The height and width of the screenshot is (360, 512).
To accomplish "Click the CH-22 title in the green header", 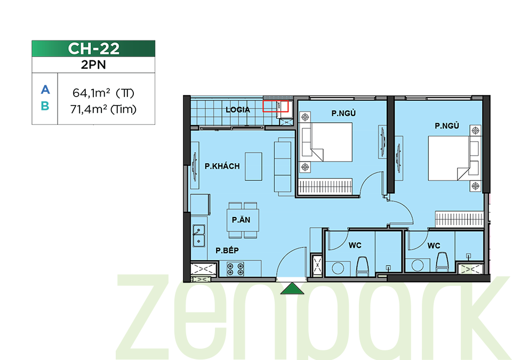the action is pyautogui.click(x=93, y=49).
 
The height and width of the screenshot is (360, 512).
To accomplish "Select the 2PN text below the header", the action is pyautogui.click(x=93, y=65).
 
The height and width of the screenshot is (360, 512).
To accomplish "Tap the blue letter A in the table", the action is pyautogui.click(x=45, y=90).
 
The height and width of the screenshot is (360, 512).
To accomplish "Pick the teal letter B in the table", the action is pyautogui.click(x=45, y=106).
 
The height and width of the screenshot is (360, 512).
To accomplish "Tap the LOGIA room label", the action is pyautogui.click(x=238, y=110).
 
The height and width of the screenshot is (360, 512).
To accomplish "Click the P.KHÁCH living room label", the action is pyautogui.click(x=222, y=166).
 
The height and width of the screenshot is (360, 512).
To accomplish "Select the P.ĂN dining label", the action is pyautogui.click(x=241, y=220).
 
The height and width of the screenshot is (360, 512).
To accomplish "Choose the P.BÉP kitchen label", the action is pyautogui.click(x=227, y=251).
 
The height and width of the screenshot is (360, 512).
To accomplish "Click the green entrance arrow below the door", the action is pyautogui.click(x=292, y=289).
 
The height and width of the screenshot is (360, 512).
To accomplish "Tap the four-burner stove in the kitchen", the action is pyautogui.click(x=235, y=269).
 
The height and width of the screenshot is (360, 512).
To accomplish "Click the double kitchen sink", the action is pyautogui.click(x=199, y=235).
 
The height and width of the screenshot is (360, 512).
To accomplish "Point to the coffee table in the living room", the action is pyautogui.click(x=254, y=166).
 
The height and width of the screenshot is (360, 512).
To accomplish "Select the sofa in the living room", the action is pyautogui.click(x=283, y=166).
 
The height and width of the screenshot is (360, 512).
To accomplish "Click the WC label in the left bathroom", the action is pyautogui.click(x=355, y=245).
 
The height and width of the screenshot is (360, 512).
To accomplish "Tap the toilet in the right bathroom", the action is pyautogui.click(x=442, y=262).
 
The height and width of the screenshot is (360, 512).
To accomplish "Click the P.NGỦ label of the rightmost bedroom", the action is pyautogui.click(x=447, y=126).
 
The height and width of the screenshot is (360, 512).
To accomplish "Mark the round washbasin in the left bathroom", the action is pyautogui.click(x=338, y=268).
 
